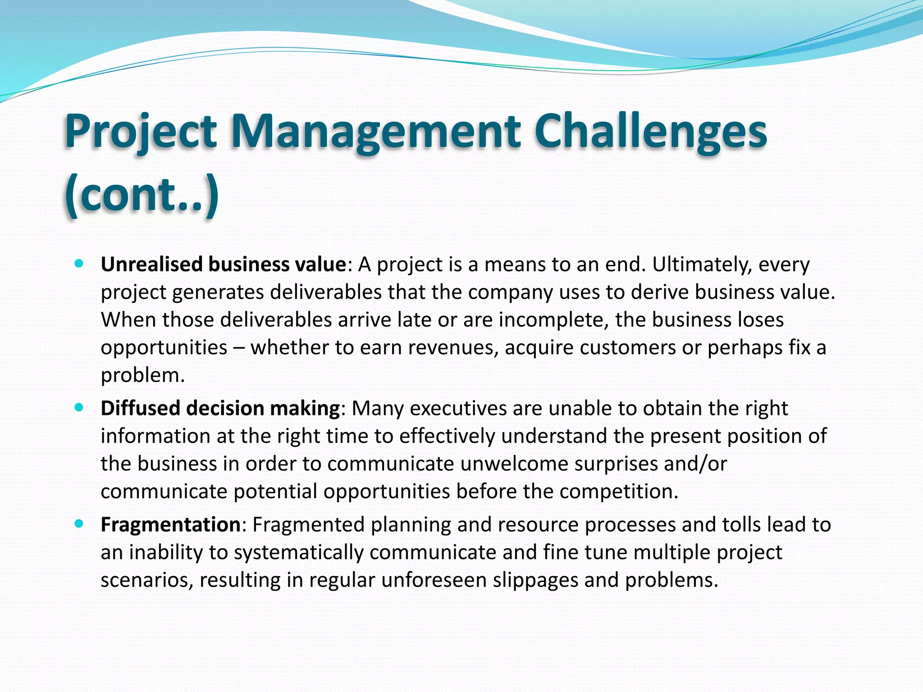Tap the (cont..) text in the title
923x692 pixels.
coord(142,195)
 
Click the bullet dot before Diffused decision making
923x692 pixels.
coord(79,408)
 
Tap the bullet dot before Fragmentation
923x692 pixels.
coord(79,524)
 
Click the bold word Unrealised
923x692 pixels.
coord(152,264)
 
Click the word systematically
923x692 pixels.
coord(298,552)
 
